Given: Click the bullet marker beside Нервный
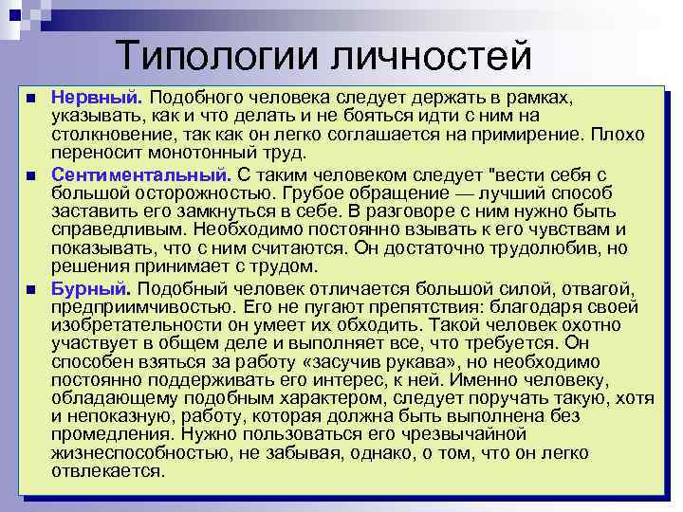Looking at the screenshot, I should click(x=31, y=99).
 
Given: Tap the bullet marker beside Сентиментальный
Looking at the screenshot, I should click(x=31, y=176).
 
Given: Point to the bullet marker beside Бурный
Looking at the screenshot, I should click(x=31, y=289).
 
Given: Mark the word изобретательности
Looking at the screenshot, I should click(x=136, y=325).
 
